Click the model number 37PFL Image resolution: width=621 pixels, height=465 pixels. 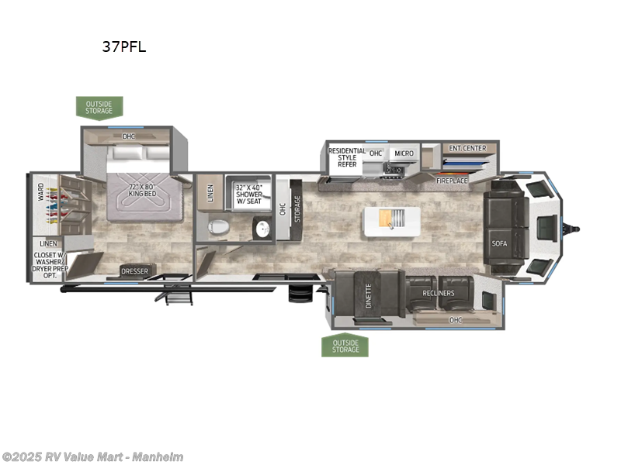[123, 46]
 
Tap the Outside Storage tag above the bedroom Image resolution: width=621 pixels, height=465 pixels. [99, 106]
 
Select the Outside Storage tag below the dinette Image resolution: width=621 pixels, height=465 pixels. [345, 345]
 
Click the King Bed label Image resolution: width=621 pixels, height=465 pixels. [137, 191]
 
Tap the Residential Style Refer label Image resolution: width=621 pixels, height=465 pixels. [342, 157]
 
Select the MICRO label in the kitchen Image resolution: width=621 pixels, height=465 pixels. [403, 153]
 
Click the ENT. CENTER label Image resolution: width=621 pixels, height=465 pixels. [467, 148]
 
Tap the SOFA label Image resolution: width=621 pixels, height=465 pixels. [498, 243]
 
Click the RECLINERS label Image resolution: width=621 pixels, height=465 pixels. [438, 293]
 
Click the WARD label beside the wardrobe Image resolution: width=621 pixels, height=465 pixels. [40, 190]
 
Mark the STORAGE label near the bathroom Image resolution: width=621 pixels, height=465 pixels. [297, 208]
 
